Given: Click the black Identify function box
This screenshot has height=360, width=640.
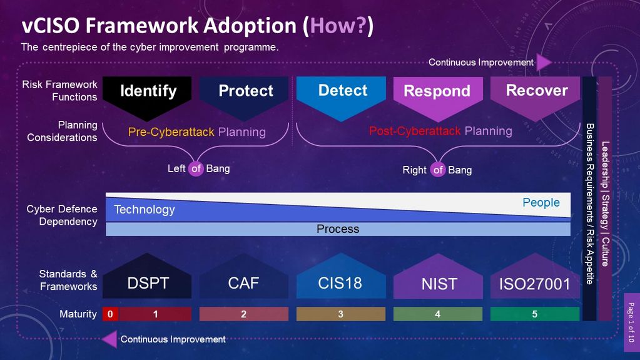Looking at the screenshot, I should (148, 91).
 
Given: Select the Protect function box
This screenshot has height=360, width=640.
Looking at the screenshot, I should (245, 91).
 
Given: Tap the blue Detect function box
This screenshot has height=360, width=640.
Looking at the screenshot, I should (343, 91).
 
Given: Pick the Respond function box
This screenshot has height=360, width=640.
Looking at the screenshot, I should (437, 91).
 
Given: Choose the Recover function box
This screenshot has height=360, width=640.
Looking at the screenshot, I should (536, 91).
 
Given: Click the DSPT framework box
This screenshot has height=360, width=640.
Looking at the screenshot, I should (148, 283).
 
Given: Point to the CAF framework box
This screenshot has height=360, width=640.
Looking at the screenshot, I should (243, 283).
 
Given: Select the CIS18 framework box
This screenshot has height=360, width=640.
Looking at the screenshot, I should (340, 283).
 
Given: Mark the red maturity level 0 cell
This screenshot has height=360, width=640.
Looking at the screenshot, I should (110, 314).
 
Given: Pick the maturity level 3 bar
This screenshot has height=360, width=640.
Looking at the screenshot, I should (340, 314).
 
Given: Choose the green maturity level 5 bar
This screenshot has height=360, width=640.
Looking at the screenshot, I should (535, 314).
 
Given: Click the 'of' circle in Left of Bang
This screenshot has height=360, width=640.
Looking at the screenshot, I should (196, 168).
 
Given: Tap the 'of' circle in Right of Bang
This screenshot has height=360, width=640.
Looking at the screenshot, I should (439, 170).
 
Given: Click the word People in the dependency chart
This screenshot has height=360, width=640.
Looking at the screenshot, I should (541, 203).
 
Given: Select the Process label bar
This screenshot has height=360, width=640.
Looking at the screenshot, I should (338, 229).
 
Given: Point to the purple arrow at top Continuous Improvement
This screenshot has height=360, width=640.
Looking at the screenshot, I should (543, 63).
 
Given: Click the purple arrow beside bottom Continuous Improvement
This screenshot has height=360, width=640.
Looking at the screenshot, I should (109, 339).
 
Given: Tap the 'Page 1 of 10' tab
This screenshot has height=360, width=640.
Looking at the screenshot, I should (631, 322).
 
